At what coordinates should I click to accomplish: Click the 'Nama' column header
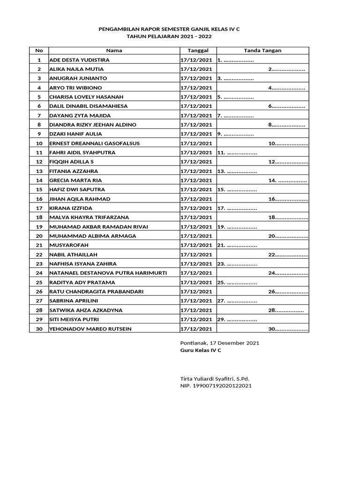tap(114, 51)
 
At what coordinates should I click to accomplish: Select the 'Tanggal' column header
tap(197, 51)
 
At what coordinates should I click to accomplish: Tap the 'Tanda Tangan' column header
tap(262, 51)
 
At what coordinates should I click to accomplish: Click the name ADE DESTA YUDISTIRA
tap(79, 60)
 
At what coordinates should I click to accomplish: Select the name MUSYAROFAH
tap(68, 245)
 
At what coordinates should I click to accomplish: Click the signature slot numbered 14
tap(287, 180)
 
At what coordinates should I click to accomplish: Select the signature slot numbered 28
tap(285, 310)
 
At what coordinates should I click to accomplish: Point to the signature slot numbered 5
tap(235, 97)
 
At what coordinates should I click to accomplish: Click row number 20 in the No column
tap(39, 236)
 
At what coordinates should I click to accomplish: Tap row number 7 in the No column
tap(39, 115)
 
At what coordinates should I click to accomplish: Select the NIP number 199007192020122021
tap(216, 386)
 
